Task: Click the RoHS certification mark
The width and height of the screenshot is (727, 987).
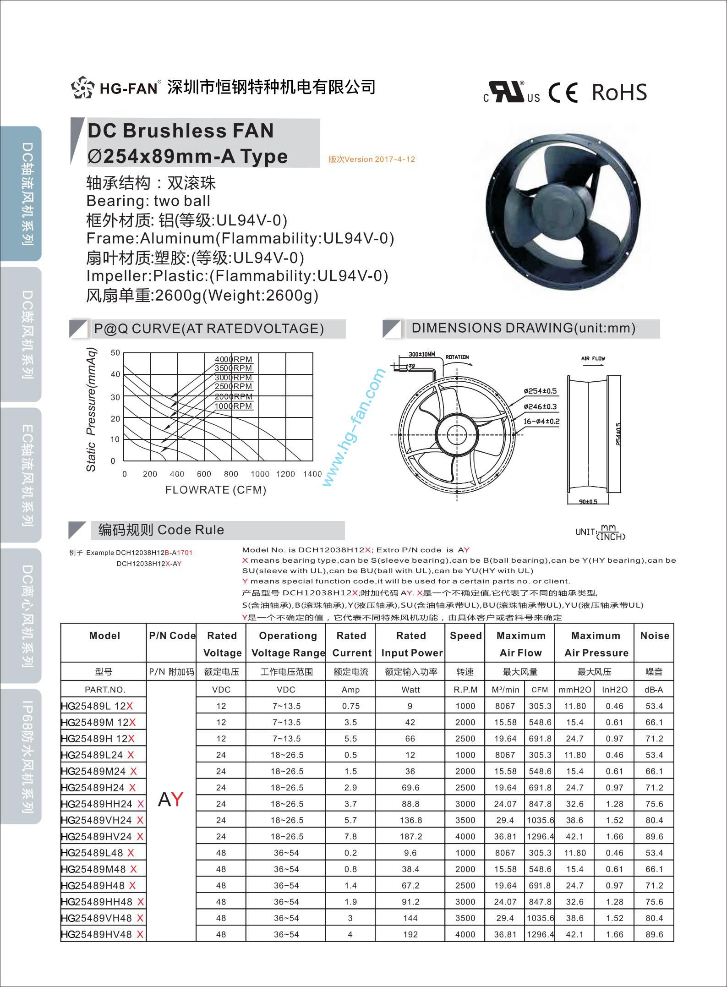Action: [x=619, y=92]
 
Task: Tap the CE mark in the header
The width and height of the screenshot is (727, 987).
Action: [x=563, y=93]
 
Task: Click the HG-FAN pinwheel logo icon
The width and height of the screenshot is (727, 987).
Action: [x=82, y=87]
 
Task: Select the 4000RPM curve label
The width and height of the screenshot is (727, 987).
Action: [x=234, y=359]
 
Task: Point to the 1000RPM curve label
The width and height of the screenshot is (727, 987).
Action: [x=234, y=406]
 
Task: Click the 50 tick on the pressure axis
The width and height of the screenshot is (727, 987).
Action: [x=115, y=353]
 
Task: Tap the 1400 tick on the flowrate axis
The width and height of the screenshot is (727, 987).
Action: [x=312, y=474]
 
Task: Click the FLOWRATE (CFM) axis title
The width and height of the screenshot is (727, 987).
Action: [x=216, y=490]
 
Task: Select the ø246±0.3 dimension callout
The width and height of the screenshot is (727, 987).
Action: [x=540, y=406]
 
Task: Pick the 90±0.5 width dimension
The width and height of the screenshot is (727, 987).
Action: [x=588, y=502]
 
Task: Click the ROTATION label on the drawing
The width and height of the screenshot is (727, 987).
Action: [x=457, y=357]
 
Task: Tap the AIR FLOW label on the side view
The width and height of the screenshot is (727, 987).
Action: [x=593, y=358]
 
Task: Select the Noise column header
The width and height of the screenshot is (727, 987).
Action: [x=654, y=636]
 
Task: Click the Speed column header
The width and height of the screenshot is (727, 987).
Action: [x=465, y=636]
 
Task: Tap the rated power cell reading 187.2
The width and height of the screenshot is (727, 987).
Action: [x=410, y=837]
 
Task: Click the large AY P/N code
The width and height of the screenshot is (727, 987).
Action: [x=170, y=799]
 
